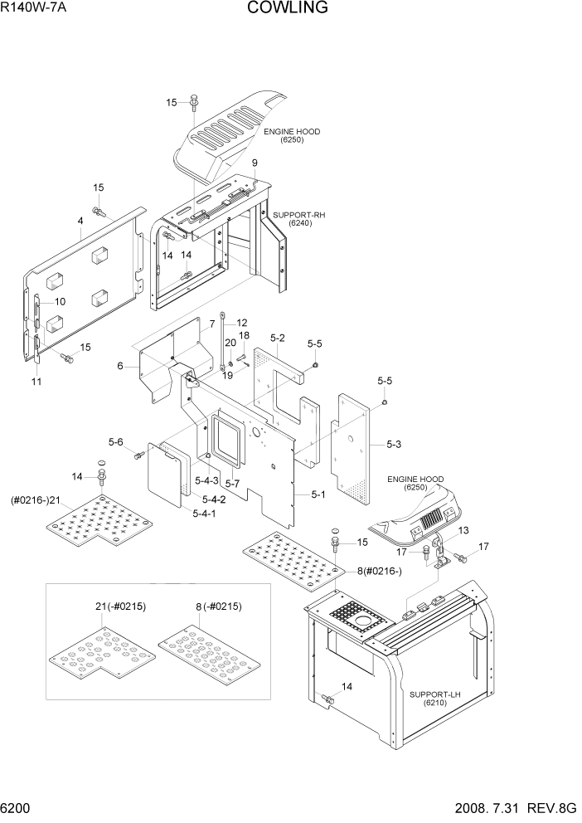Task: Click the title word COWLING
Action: pyautogui.click(x=287, y=8)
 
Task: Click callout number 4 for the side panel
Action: pyautogui.click(x=80, y=221)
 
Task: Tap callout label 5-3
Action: pyautogui.click(x=394, y=446)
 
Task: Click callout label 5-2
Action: pyautogui.click(x=278, y=338)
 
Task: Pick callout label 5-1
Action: pyautogui.click(x=318, y=495)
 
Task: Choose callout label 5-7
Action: pyautogui.click(x=232, y=484)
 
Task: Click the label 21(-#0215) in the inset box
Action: pyautogui.click(x=120, y=606)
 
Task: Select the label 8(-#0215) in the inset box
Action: pyautogui.click(x=218, y=606)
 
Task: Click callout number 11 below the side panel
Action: pyautogui.click(x=36, y=381)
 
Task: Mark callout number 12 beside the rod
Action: pyautogui.click(x=242, y=323)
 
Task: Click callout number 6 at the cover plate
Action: pyautogui.click(x=120, y=366)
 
